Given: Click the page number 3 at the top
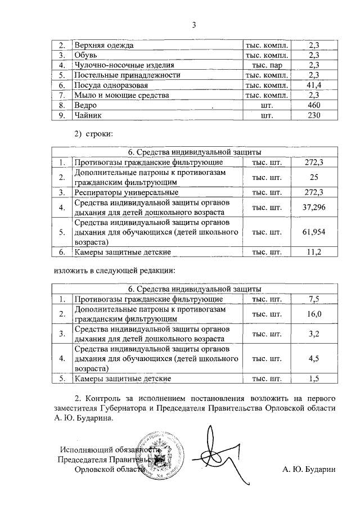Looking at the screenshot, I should (194, 25).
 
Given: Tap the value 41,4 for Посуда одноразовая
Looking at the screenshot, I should (314, 85).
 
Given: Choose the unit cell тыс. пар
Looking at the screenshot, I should (267, 65).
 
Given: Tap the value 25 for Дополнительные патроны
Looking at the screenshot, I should (314, 178).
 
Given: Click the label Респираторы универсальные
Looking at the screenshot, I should (123, 193).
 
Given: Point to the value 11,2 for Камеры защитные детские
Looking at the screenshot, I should (314, 252).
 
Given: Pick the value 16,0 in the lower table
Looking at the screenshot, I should (314, 314).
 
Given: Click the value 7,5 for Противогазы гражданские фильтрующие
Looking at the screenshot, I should (314, 299).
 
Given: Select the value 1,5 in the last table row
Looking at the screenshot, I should (314, 379).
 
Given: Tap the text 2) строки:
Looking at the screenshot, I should (94, 134).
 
